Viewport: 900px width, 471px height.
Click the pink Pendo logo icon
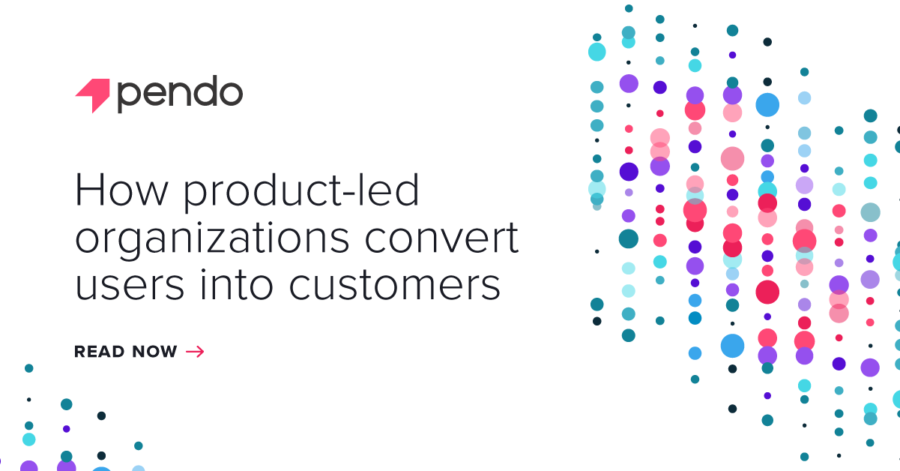coord(93,94)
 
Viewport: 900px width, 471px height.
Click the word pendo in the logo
coord(180,94)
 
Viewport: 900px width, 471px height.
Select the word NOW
coord(155,352)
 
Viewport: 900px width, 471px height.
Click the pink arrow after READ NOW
coord(194,352)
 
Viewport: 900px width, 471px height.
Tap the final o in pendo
coord(230,94)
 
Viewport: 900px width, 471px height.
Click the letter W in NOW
coord(168,352)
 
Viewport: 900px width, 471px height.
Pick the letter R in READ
coord(80,352)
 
